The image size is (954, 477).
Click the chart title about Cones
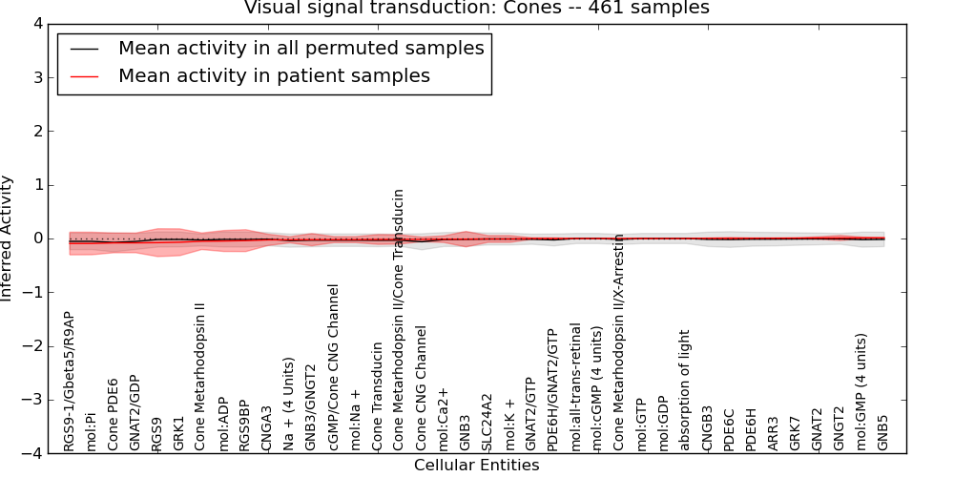click(476, 8)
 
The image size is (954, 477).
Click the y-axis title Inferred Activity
click(8, 238)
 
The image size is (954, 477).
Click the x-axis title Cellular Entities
click(476, 466)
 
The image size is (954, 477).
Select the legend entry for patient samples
click(274, 75)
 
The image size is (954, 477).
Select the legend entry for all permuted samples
click(301, 49)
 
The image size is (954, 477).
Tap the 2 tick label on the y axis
click(39, 131)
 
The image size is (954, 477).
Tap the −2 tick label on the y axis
click(33, 346)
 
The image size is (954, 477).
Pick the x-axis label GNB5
click(883, 432)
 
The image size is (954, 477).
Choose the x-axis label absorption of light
click(684, 390)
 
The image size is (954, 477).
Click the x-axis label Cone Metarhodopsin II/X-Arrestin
click(619, 342)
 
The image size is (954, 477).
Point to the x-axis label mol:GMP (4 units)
click(861, 392)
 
